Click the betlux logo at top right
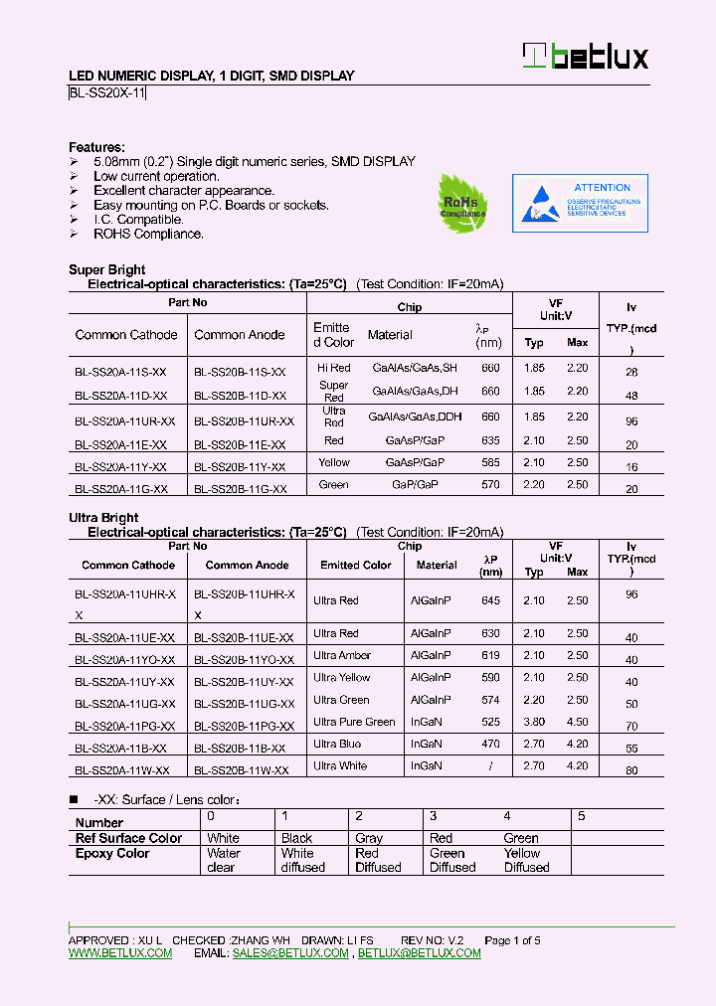pos(586,56)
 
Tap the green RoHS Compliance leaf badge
pos(462,204)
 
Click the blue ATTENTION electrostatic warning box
pos(580,204)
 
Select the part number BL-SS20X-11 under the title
pos(108,93)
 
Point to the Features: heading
pos(96,147)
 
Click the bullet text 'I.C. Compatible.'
pos(138,220)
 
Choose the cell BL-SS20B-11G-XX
pos(240,489)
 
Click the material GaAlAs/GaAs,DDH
pos(409,418)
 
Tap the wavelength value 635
pos(490,440)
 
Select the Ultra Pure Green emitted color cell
pos(354,722)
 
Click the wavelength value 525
pos(490,722)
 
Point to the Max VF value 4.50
pos(577,722)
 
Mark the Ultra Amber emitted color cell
pos(342,656)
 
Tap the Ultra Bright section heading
pos(103,518)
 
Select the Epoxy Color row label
pos(112,854)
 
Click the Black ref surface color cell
pos(296,838)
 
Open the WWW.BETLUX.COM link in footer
pos(120,953)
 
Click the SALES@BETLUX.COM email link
pos(290,953)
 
